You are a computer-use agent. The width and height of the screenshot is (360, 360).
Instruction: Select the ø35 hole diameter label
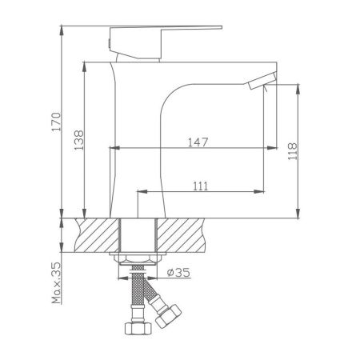(178, 273)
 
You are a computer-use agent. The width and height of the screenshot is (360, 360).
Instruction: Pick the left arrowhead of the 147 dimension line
(113, 148)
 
